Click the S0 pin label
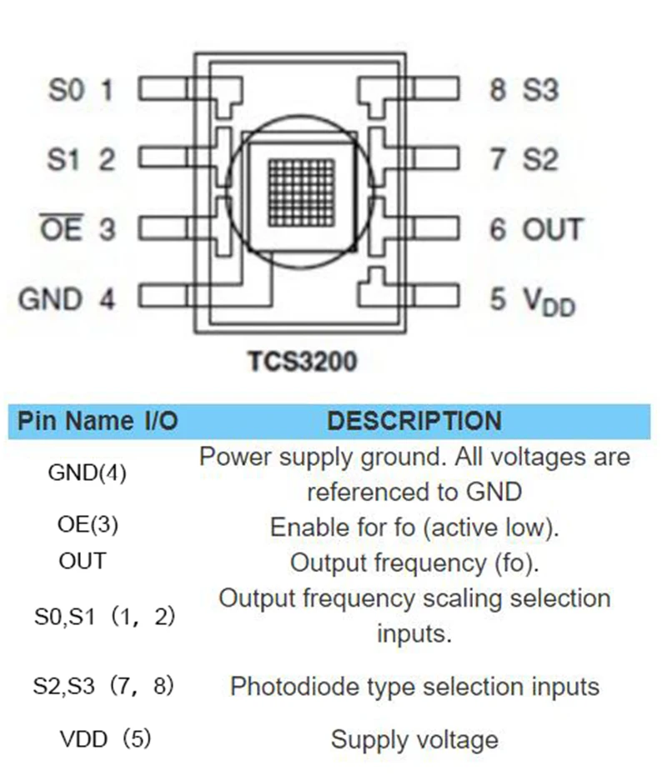pos(66,90)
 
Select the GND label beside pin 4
pos(50,299)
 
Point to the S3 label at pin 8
pos(541,90)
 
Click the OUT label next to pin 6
pos(553,229)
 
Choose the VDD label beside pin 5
pos(549,302)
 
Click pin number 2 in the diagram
pos(107,160)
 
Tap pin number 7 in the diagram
pos(498,159)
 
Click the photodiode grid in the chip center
pos(301,193)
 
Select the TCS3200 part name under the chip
pos(303,361)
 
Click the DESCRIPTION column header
pos(414,421)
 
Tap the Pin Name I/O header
pos(98,421)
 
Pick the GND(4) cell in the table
pos(88,473)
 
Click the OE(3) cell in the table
pos(88,524)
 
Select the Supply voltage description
pos(414,739)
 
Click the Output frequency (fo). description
pos(414,563)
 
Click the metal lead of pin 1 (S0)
pos(165,88)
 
